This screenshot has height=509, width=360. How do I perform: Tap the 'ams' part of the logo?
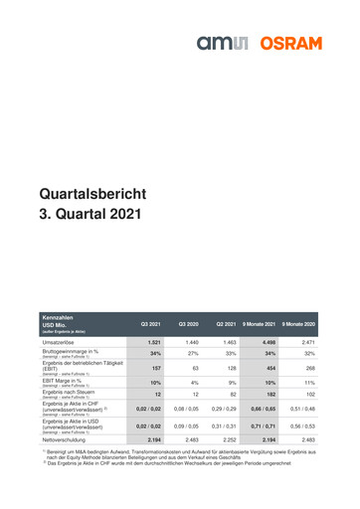[241, 45]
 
